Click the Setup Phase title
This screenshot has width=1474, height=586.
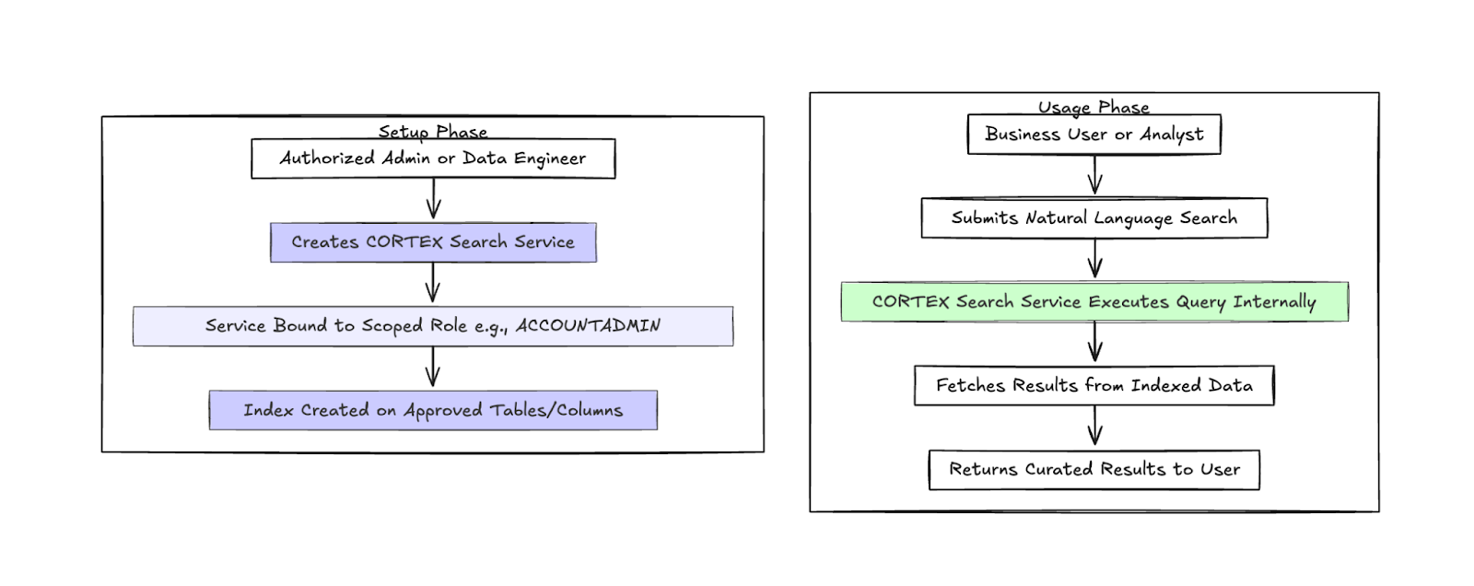point(432,132)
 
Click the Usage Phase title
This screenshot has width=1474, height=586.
point(1094,107)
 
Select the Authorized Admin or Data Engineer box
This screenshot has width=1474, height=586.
point(433,158)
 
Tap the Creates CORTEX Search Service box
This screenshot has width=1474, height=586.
point(433,242)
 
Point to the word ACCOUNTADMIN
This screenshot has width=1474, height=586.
point(588,325)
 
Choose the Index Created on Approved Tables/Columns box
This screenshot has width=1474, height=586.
point(433,410)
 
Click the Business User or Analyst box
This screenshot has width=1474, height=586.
point(1094,135)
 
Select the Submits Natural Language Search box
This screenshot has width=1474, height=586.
point(1094,218)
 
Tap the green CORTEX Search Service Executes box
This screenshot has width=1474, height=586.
point(1094,302)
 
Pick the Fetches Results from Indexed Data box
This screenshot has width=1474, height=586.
point(1094,385)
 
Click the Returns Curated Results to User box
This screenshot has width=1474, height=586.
point(1094,469)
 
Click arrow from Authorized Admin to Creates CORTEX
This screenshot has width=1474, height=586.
point(433,199)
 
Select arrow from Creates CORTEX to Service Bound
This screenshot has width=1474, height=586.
point(433,283)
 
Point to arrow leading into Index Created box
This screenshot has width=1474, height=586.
point(433,368)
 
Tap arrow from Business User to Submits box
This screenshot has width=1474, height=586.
point(1094,175)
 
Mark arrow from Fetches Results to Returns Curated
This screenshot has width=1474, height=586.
point(1094,426)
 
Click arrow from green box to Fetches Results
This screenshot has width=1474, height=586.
point(1094,342)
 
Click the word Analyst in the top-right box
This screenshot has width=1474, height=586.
point(1171,135)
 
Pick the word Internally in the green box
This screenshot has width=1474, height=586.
point(1274,302)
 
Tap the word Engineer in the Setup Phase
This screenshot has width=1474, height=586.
point(550,158)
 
